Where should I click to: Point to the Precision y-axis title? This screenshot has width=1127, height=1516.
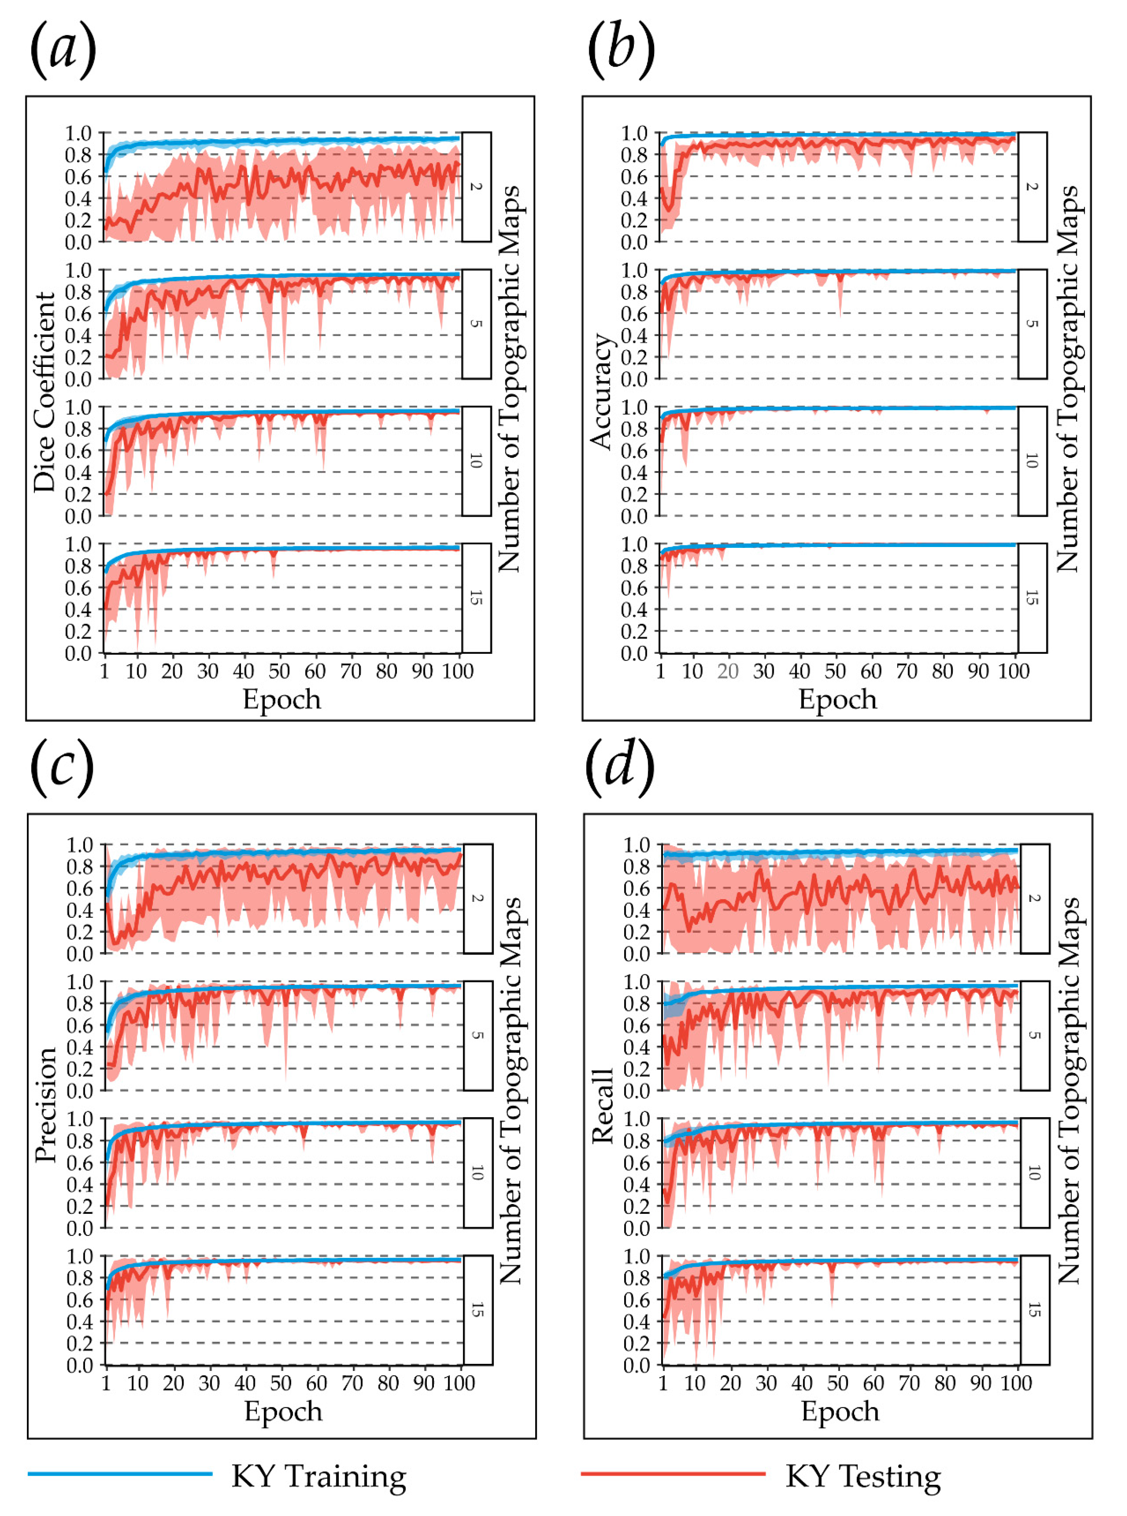[46, 1105]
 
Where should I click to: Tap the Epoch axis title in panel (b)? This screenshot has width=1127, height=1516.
[838, 700]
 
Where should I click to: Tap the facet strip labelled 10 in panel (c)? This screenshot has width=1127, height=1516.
[478, 1173]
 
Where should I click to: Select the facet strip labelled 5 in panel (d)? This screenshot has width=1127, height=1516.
[1034, 1036]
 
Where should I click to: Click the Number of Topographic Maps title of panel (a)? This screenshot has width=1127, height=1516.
[510, 379]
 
